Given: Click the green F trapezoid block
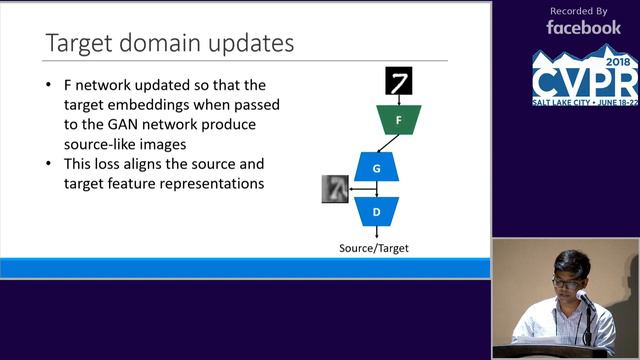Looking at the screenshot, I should (399, 120).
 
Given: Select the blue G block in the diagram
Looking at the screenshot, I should (376, 168).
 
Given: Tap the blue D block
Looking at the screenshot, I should (376, 211).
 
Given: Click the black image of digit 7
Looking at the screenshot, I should (399, 81).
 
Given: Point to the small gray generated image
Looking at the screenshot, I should (335, 189).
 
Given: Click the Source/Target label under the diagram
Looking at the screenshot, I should (374, 248).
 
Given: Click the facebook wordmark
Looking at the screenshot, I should (584, 28).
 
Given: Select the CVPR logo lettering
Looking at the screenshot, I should (585, 81).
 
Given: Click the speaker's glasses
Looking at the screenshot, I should (566, 283).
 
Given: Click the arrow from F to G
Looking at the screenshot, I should (388, 143).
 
